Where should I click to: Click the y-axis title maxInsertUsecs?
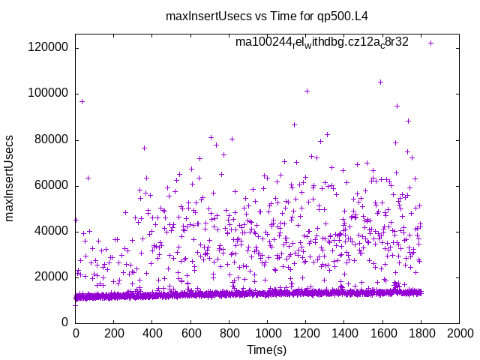[10, 178]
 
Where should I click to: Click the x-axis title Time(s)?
[267, 349]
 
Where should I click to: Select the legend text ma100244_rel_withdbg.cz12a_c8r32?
[322, 42]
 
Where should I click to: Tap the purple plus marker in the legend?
[430, 43]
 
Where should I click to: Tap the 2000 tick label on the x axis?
[459, 331]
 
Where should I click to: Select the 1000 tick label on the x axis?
[267, 331]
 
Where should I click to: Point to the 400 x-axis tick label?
[152, 331]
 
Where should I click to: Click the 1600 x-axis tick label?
[382, 331]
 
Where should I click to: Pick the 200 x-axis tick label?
[114, 331]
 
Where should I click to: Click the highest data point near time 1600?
[380, 82]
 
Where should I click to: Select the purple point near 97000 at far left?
[82, 101]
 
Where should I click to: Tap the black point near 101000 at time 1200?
[307, 91]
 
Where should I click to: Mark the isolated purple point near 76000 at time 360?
[144, 148]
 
